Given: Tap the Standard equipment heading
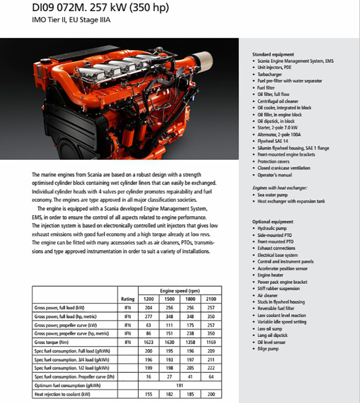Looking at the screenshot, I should [273, 55].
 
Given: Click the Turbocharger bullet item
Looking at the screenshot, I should [269, 75].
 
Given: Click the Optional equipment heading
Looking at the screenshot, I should [272, 221].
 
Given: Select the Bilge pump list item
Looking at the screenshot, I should [268, 349].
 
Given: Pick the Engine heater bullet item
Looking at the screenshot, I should [270, 275].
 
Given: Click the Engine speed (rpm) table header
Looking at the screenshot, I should [180, 291].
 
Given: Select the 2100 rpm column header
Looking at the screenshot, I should [211, 299].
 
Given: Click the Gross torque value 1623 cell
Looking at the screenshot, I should [148, 342].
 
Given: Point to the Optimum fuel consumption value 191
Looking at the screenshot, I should [180, 385].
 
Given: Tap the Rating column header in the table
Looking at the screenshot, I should [128, 299].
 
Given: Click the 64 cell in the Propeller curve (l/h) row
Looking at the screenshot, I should [211, 376].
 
